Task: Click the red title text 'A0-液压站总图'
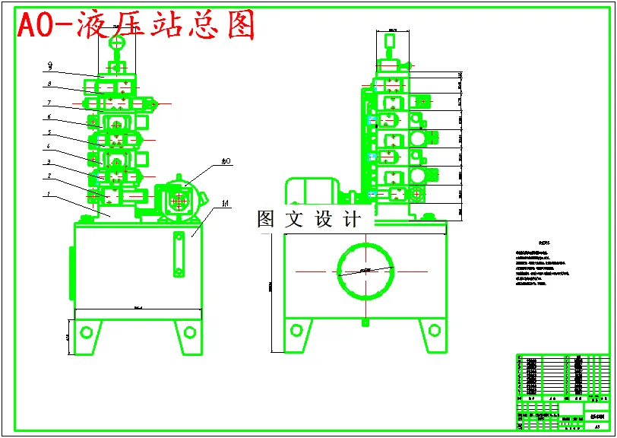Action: point(135,26)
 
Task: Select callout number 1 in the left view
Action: point(49,194)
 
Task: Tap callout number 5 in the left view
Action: point(49,132)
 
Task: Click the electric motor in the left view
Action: point(179,199)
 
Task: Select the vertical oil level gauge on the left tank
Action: point(179,256)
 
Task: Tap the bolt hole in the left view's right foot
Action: point(188,332)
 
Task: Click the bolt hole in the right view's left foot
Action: point(298,332)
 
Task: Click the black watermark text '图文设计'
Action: point(309,220)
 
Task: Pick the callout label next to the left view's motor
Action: point(226,161)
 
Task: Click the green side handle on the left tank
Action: point(72,274)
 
